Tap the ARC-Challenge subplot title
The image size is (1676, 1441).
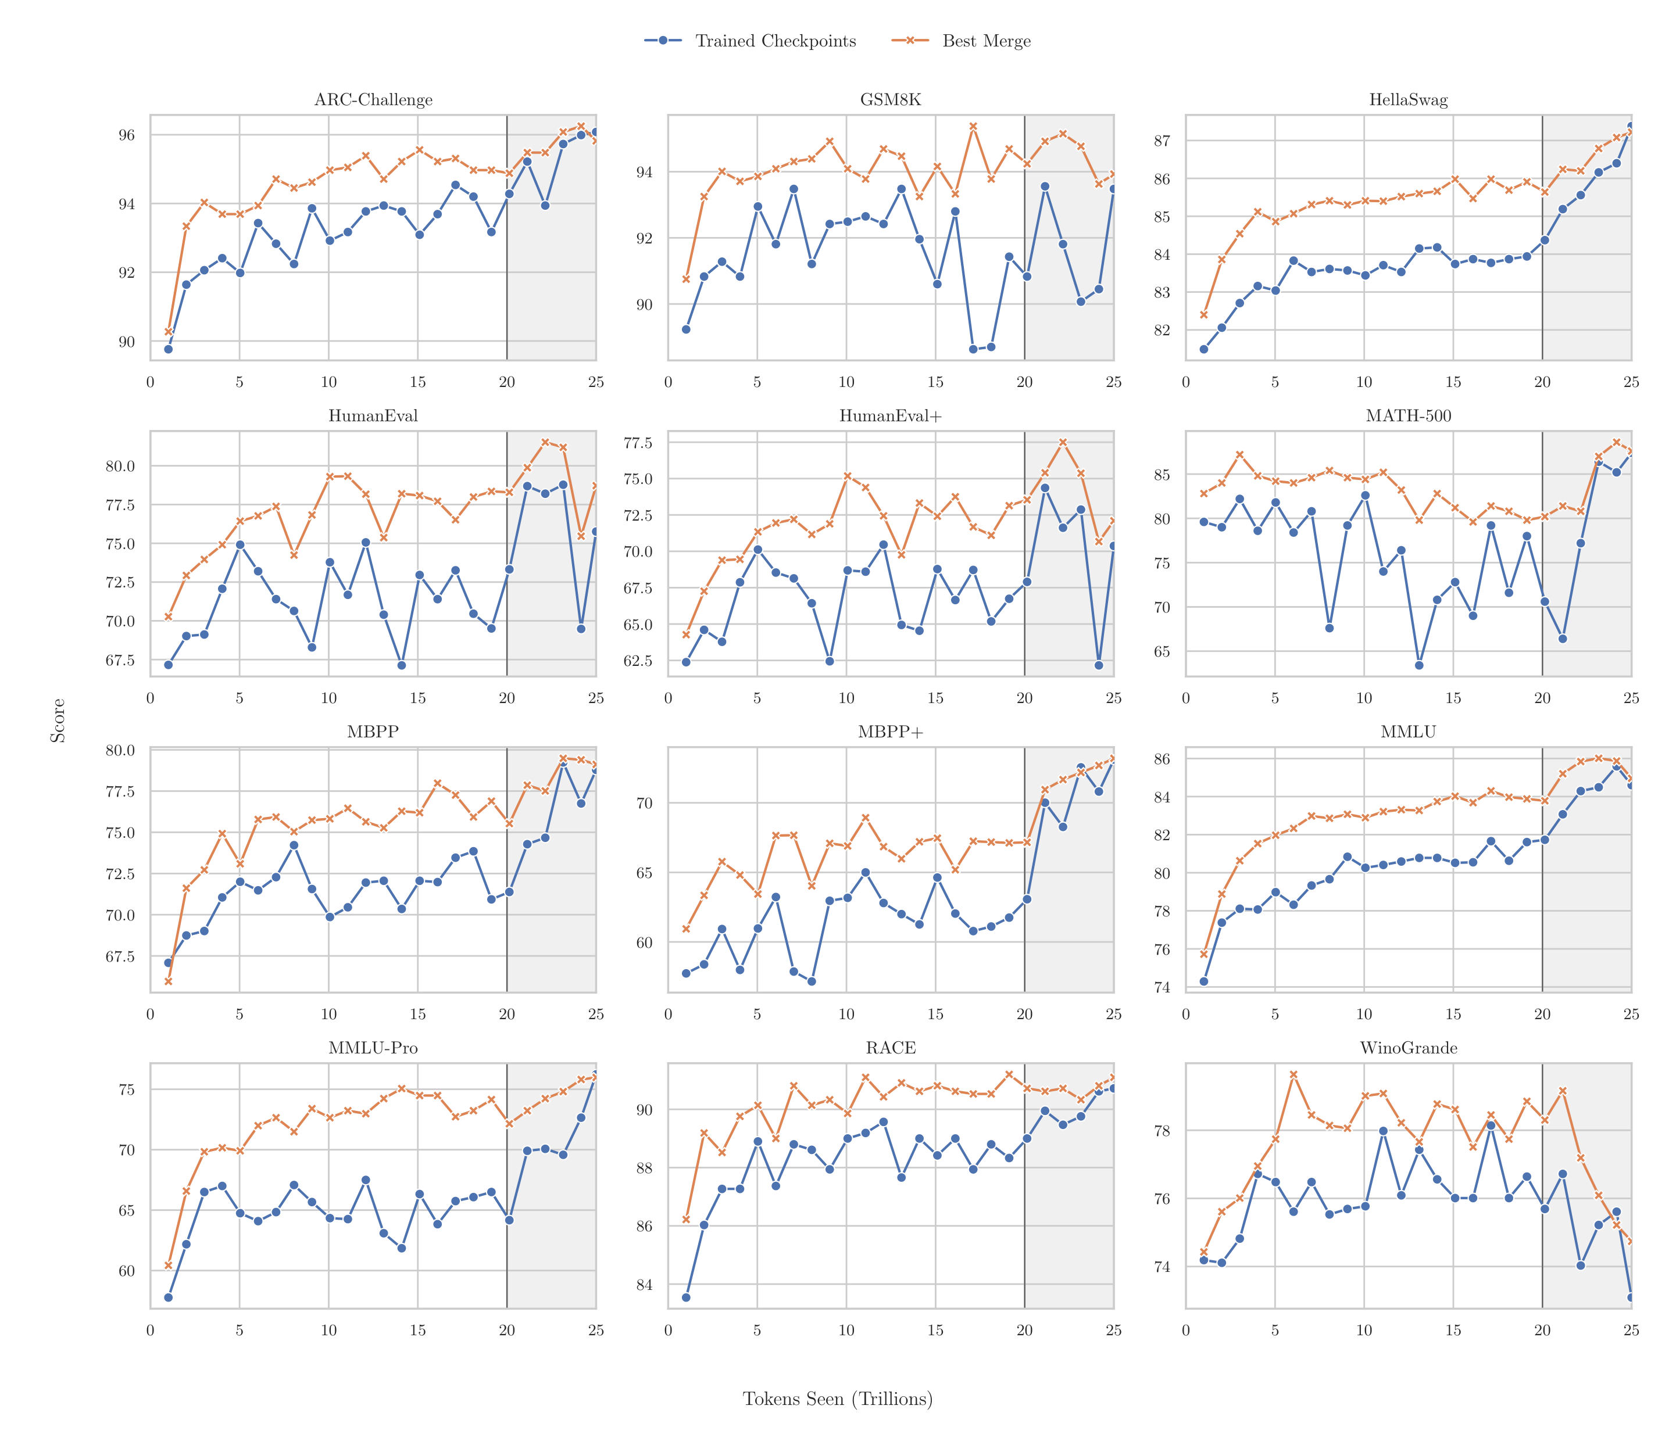click(x=373, y=101)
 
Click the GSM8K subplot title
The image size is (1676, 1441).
click(x=890, y=101)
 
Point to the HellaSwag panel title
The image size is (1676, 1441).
click(x=1408, y=101)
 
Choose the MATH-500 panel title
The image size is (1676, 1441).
click(x=1408, y=417)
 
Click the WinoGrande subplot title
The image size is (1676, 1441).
click(x=1408, y=1048)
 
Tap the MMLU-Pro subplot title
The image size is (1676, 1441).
click(x=373, y=1048)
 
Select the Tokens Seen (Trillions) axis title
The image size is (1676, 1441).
click(x=838, y=1400)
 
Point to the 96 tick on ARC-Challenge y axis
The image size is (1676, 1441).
click(x=126, y=135)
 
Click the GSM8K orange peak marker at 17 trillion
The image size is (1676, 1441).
click(x=973, y=126)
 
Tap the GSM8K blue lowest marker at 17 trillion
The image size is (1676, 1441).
click(x=973, y=349)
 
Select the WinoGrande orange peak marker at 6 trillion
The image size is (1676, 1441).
click(x=1293, y=1075)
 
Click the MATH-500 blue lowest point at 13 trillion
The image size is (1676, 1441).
click(x=1419, y=665)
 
